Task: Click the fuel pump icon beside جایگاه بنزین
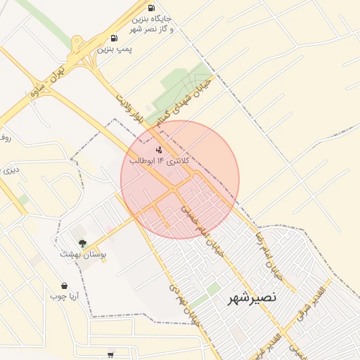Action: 151,8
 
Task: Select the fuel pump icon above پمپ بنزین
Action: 114,38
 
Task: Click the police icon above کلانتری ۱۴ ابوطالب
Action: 158,149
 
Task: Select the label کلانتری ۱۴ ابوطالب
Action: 165,161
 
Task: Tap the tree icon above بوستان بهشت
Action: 82,243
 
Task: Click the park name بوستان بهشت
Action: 82,255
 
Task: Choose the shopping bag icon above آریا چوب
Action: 65,286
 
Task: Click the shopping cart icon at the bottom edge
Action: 110,355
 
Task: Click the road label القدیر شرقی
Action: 312,303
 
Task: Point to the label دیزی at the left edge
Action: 8,169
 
